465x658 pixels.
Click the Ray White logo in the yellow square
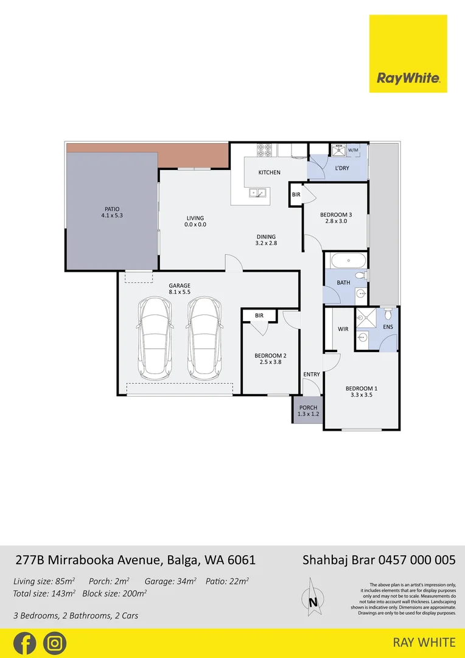[x=408, y=78]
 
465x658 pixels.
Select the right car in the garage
[x=204, y=339]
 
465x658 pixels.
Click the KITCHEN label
[x=269, y=172]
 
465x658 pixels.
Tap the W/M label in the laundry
[x=353, y=149]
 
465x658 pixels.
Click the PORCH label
[x=308, y=408]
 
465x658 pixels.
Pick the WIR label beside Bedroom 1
[x=343, y=329]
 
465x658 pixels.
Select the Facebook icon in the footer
[x=24, y=643]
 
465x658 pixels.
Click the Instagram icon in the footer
[x=55, y=643]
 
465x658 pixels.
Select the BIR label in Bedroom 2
[x=259, y=316]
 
